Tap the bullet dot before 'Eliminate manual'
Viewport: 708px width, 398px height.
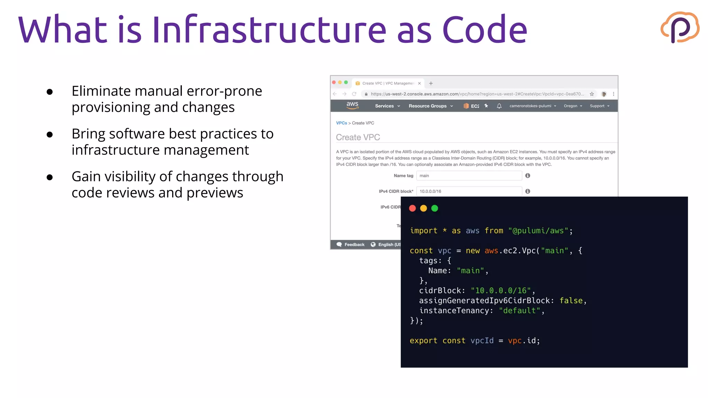50,92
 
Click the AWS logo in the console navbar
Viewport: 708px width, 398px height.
352,105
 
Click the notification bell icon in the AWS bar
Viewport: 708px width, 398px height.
499,106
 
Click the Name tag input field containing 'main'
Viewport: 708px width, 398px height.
469,176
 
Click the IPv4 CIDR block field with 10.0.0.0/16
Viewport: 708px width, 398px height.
469,191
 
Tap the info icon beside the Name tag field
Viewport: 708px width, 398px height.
528,176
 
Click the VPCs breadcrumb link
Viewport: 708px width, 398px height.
341,123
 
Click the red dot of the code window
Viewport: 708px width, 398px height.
412,208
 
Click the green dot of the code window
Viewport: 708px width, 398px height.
435,208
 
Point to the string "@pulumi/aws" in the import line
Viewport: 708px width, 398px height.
538,231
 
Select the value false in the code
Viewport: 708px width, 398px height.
571,301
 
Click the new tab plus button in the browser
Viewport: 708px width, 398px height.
431,83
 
